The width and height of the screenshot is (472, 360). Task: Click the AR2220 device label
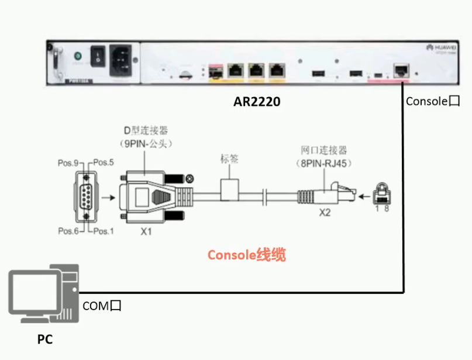(x=257, y=102)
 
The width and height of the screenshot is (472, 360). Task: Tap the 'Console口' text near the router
(x=433, y=101)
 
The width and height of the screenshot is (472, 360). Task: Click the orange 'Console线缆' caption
(x=247, y=255)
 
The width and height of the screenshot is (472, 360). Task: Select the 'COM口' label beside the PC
(x=102, y=305)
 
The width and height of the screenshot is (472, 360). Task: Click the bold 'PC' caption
(x=45, y=339)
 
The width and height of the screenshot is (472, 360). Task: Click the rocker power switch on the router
(x=97, y=57)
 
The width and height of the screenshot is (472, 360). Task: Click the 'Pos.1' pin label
(x=104, y=231)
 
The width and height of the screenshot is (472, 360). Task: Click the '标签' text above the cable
(x=229, y=159)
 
